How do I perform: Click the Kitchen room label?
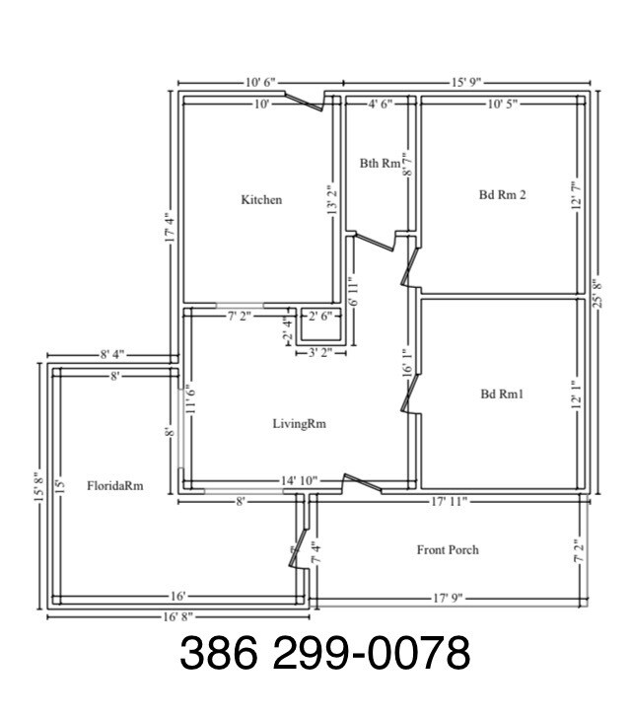[x=261, y=199]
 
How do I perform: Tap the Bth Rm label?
[x=378, y=163]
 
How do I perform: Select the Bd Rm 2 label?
[x=502, y=194]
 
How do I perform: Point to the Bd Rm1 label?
[x=502, y=394]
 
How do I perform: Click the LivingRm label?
[x=299, y=424]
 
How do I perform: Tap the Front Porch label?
[x=448, y=549]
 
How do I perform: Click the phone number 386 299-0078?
[x=324, y=654]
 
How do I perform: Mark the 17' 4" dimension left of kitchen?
[x=169, y=227]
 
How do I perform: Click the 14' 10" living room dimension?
[x=299, y=480]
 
